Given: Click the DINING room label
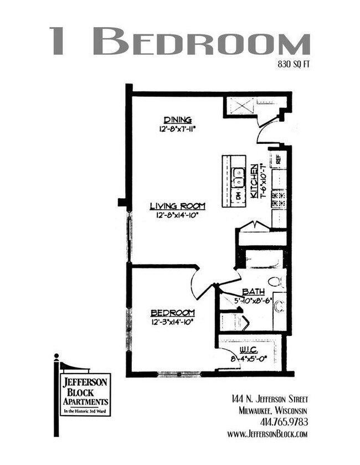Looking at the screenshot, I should click(x=177, y=120).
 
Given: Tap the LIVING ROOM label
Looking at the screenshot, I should click(x=177, y=206).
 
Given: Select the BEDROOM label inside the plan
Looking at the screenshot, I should click(x=172, y=312).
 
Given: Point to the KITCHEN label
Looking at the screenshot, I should click(x=254, y=181).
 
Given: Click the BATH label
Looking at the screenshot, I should click(x=253, y=292).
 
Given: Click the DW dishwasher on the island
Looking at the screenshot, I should click(x=239, y=195).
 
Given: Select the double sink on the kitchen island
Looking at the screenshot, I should click(x=239, y=178).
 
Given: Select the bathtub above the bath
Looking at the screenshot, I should click(x=264, y=259).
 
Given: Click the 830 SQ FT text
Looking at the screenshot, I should click(x=293, y=64).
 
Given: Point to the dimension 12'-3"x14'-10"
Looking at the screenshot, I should click(x=172, y=321).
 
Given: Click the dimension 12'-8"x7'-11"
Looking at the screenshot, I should click(x=177, y=128).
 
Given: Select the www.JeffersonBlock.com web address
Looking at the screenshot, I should click(x=267, y=434).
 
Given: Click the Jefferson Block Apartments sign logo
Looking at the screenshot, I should click(x=85, y=394).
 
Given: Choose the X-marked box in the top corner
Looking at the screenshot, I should click(x=241, y=105).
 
